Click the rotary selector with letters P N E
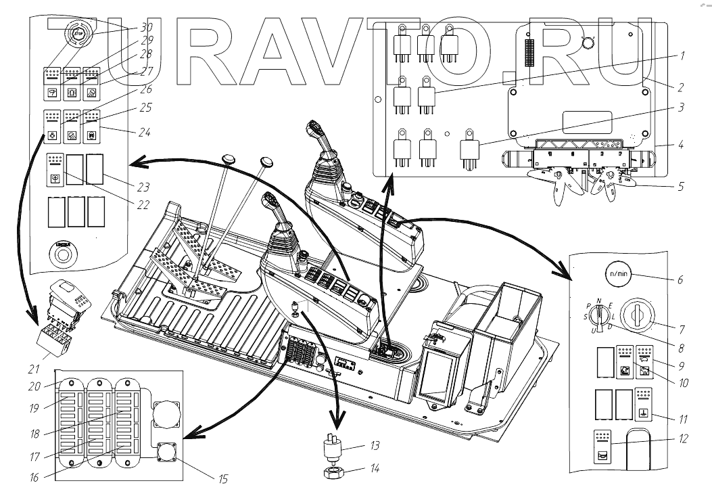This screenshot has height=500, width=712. point(595,316)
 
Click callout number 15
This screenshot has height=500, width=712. point(223,479)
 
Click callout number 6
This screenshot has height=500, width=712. point(680,279)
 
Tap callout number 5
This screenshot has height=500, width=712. point(680,185)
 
